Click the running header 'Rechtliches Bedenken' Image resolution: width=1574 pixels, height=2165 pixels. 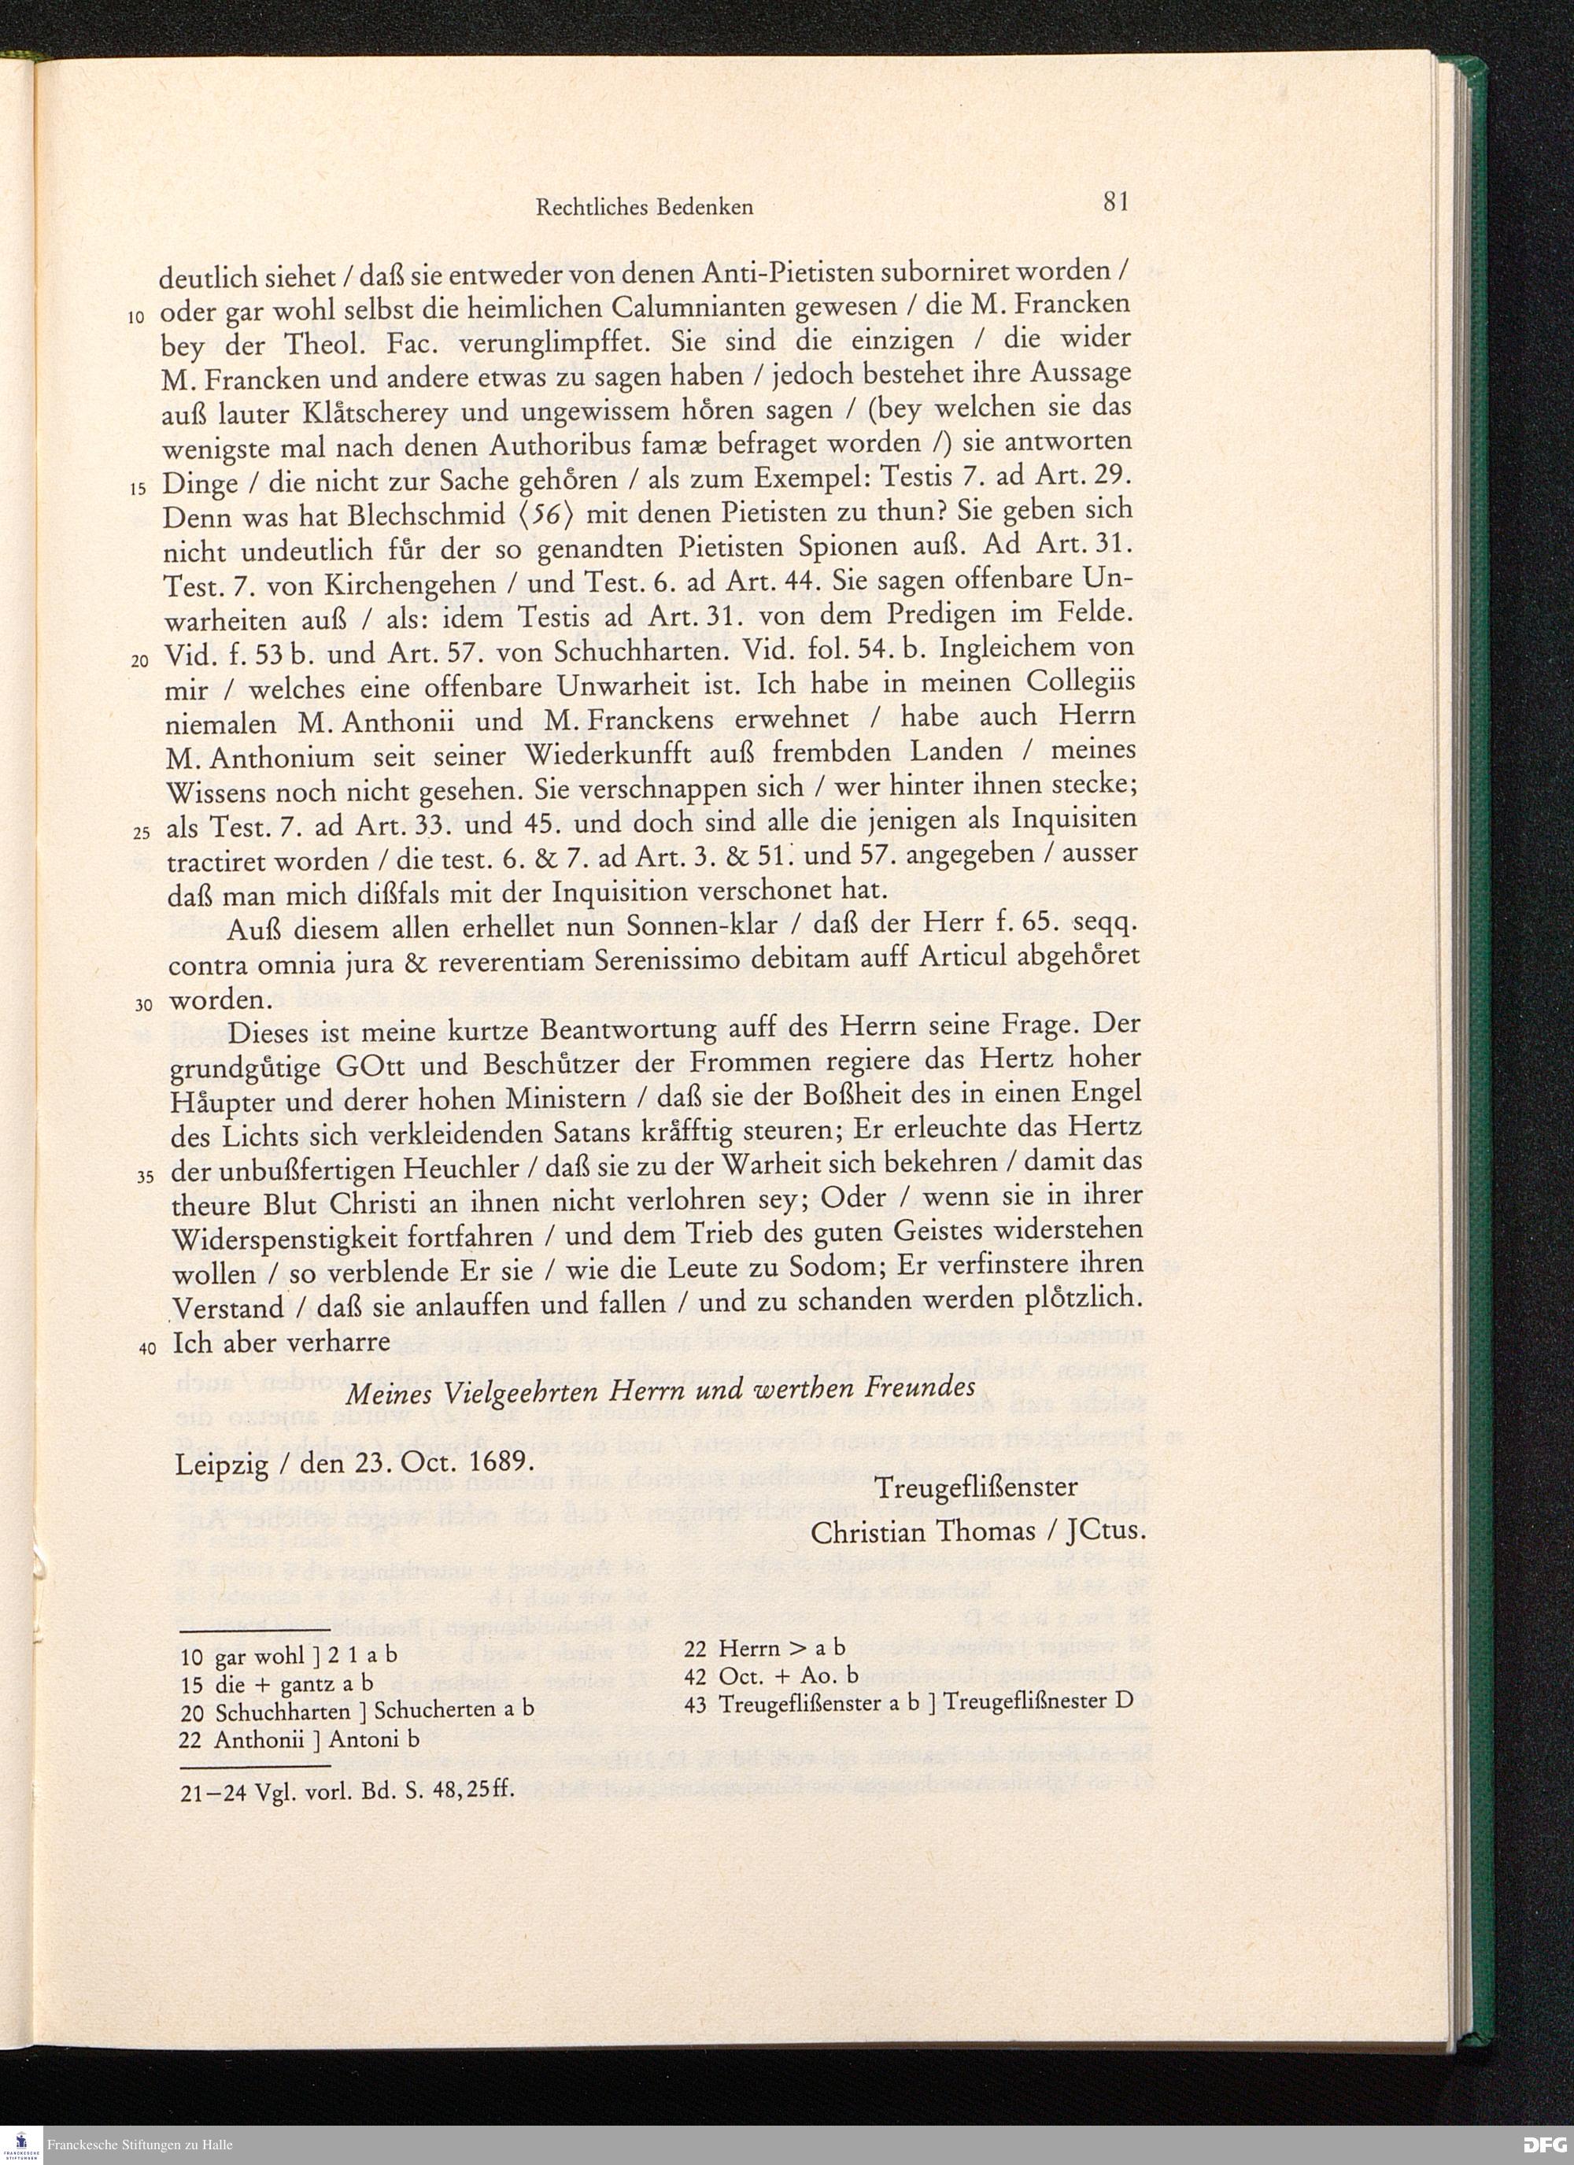(x=645, y=207)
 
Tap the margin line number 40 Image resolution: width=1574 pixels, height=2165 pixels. (x=146, y=1349)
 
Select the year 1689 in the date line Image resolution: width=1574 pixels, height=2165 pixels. (x=486, y=1462)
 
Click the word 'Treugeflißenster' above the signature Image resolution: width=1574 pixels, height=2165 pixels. (x=977, y=1488)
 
